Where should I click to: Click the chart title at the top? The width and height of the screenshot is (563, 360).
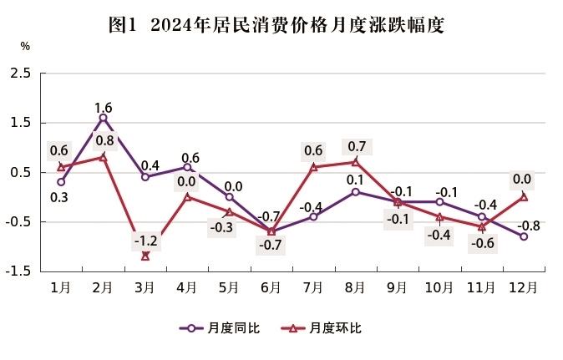(x=281, y=25)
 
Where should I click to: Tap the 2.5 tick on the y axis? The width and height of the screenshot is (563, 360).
(x=22, y=74)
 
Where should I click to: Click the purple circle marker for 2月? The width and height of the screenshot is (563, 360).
(x=103, y=118)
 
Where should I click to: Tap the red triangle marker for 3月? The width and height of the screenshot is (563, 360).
(x=145, y=256)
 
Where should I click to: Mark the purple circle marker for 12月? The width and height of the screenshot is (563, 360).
(x=524, y=236)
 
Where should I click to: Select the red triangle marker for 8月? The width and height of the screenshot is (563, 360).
(x=355, y=161)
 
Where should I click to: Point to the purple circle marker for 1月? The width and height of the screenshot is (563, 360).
(x=61, y=182)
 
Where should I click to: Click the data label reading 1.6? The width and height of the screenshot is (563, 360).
(x=104, y=107)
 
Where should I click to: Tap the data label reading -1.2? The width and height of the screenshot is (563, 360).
(x=145, y=241)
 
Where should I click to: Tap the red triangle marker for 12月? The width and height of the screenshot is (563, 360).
(x=524, y=197)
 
